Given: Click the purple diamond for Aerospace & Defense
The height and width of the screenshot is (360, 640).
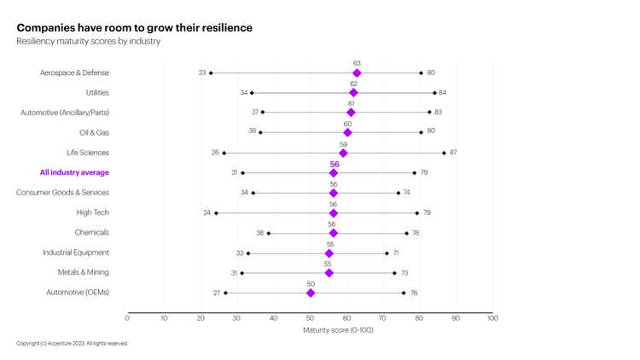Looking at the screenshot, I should pos(357,73).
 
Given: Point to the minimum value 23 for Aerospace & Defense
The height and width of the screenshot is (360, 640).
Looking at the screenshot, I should pos(202,73).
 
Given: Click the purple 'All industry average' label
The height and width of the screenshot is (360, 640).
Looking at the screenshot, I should pos(75,172).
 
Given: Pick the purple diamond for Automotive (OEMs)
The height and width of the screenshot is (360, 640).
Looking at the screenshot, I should pos(311,293).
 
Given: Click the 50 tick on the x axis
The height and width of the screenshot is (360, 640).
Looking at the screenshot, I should pos(310,317).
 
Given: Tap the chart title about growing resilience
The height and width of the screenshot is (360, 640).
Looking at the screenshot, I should pos(134,27).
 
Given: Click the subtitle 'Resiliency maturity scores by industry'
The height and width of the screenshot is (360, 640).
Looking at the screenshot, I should pos(89,41).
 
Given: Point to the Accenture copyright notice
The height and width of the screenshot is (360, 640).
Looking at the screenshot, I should pos(72,343).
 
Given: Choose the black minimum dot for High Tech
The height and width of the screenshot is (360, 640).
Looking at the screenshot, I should pos(216,212).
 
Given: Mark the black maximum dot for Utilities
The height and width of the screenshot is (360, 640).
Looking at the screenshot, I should pos(434,92).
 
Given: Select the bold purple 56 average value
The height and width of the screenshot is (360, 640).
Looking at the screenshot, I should pos(334,163).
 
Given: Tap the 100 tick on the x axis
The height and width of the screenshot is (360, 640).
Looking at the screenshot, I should pos(492,317).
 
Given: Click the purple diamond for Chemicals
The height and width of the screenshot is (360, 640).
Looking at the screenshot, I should pos(333,233).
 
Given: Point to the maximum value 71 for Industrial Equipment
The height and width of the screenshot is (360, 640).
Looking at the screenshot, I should pos(396,253).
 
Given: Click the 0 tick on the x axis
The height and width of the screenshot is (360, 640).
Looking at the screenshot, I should pos(127,317).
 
